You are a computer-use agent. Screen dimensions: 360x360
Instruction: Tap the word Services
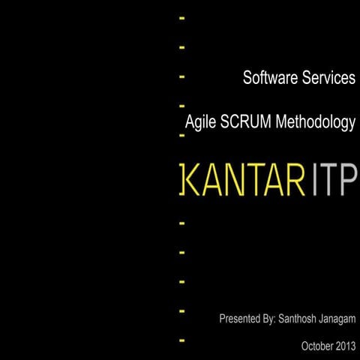coord(326,78)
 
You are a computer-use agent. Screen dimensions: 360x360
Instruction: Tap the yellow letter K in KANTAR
coord(193,180)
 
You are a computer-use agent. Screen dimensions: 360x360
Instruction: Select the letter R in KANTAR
coord(298,180)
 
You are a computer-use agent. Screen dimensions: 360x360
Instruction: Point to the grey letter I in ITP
coord(315,180)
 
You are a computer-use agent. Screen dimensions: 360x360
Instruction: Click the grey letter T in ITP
coord(328,180)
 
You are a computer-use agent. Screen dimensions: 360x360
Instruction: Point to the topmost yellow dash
coord(182,16)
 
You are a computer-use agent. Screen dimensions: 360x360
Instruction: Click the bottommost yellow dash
coord(182,340)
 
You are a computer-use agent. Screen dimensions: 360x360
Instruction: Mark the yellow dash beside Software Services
coord(182,76)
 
